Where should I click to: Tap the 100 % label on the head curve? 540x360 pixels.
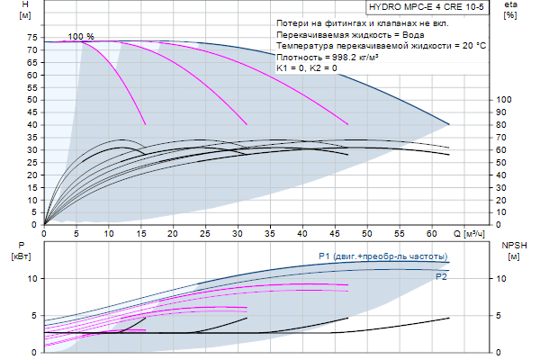pyautogui.click(x=81, y=36)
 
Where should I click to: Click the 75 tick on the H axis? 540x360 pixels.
pyautogui.click(x=31, y=38)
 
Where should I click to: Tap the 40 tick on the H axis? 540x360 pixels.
pyautogui.click(x=31, y=125)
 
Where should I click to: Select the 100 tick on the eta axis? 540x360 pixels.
pyautogui.click(x=504, y=100)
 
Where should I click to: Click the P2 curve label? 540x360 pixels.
pyautogui.click(x=441, y=277)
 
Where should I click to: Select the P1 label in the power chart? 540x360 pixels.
pyautogui.click(x=325, y=256)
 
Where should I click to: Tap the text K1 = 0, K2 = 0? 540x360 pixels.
pyautogui.click(x=307, y=67)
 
